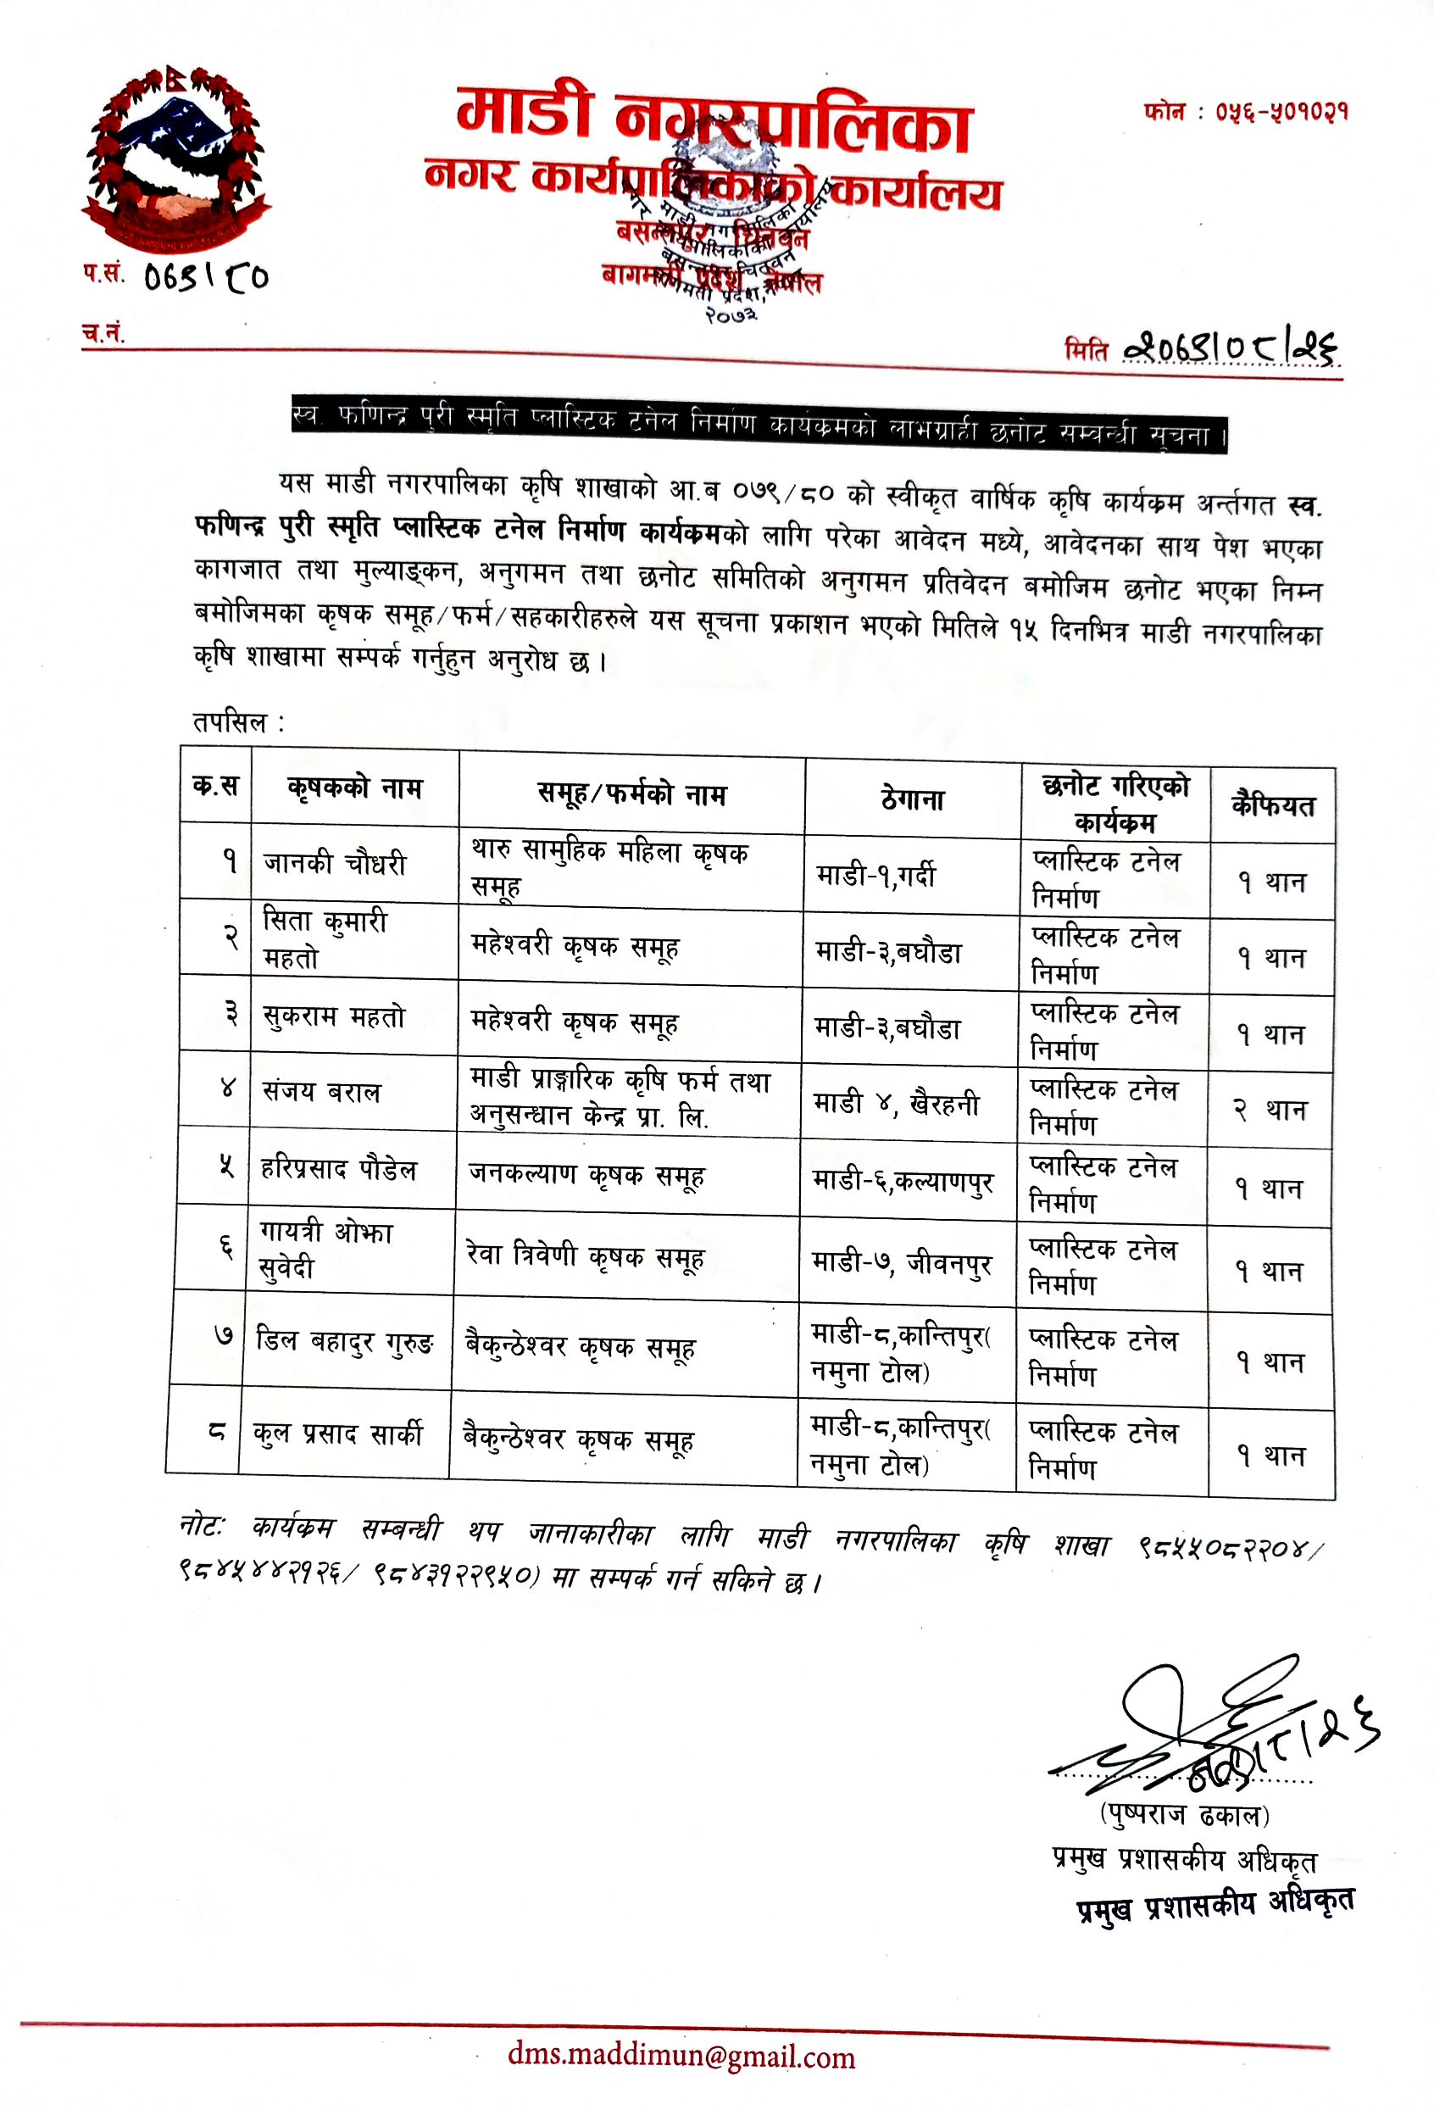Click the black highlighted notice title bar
(759, 424)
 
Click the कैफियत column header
(1271, 805)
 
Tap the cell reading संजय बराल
(321, 1091)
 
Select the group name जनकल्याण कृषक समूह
(586, 1175)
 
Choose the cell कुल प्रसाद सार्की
(337, 1434)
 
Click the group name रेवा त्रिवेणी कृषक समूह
(585, 1256)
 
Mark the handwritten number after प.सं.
(206, 276)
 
